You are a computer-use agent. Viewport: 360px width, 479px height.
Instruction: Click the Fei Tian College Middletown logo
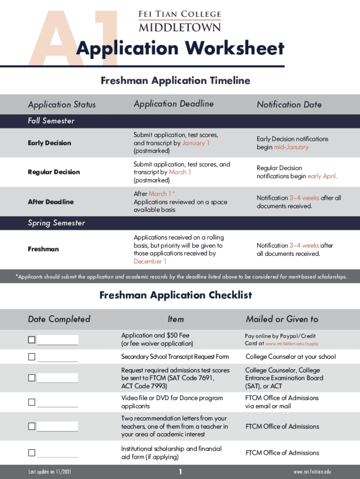point(180,21)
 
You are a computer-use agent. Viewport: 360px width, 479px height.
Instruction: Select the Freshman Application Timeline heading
point(175,81)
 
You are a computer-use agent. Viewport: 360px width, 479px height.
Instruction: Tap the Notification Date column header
point(289,105)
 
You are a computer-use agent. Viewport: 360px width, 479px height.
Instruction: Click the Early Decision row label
point(50,143)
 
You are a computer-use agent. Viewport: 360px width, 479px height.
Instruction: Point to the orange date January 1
point(196,143)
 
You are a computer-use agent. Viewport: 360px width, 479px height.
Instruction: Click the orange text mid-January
point(291,147)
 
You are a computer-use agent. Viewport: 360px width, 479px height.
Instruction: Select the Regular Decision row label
point(54,172)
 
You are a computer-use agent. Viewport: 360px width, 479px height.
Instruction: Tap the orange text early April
point(322,176)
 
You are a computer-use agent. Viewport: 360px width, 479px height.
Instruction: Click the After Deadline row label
point(50,202)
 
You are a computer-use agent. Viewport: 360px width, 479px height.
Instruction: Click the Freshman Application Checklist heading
point(176,295)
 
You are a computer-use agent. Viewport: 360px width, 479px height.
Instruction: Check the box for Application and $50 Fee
point(31,340)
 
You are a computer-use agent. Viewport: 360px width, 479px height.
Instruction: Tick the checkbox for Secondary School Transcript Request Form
point(31,357)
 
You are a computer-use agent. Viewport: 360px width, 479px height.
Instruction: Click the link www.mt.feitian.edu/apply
point(292,344)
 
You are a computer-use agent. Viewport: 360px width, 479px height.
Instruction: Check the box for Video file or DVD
point(31,402)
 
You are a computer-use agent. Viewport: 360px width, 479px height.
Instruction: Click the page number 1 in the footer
point(180,472)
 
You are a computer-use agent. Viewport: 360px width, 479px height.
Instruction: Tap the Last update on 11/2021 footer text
point(49,472)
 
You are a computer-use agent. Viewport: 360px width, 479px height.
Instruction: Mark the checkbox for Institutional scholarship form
point(31,453)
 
